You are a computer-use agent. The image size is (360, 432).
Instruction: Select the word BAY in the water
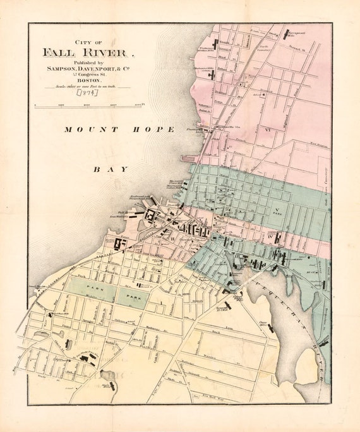[x=111, y=169]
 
